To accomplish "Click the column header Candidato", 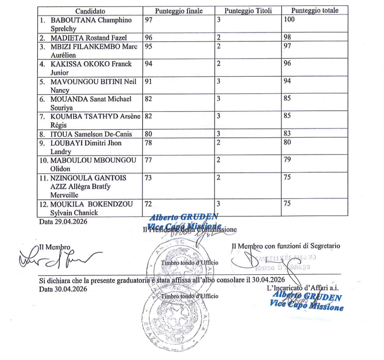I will pos(90,11).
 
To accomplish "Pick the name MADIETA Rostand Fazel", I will pos(89,37).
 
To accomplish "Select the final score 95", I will pos(148,46).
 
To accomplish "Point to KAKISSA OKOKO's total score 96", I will pos(287,64).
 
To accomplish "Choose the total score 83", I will pos(287,134).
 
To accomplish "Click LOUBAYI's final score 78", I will pos(148,143).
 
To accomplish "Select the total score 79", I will pos(287,160).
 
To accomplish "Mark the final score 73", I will pos(148,178).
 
